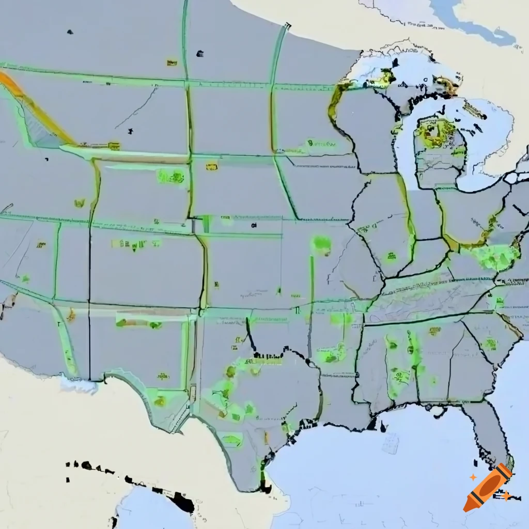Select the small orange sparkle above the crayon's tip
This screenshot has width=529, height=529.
[473, 478]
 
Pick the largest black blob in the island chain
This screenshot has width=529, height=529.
[182, 501]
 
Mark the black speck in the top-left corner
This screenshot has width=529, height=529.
[70, 32]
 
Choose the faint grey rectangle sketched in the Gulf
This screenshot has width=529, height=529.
[391, 443]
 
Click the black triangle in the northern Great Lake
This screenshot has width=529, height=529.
[395, 63]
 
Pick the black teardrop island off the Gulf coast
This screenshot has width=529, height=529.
[383, 427]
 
